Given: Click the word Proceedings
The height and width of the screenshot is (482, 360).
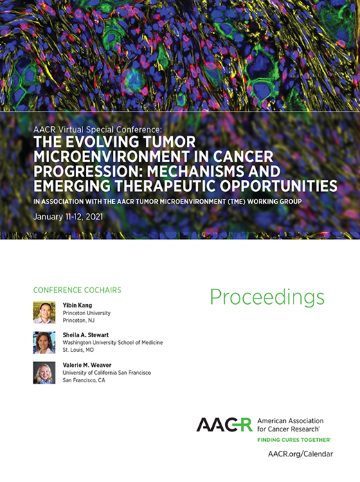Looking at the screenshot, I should click(267, 297).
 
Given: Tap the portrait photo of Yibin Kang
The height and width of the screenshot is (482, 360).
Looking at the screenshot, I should click(44, 312).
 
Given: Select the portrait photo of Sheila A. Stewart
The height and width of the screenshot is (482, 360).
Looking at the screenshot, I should click(44, 342).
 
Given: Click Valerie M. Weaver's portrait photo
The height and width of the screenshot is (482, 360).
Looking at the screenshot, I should click(44, 373).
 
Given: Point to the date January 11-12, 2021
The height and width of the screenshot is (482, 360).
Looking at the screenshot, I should click(71, 217).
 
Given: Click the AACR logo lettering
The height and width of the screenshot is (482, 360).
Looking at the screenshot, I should click(224, 425).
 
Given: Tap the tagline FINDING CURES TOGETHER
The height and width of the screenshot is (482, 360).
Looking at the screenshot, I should click(294, 440).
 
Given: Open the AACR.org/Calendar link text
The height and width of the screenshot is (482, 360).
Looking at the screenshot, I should click(300, 454).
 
